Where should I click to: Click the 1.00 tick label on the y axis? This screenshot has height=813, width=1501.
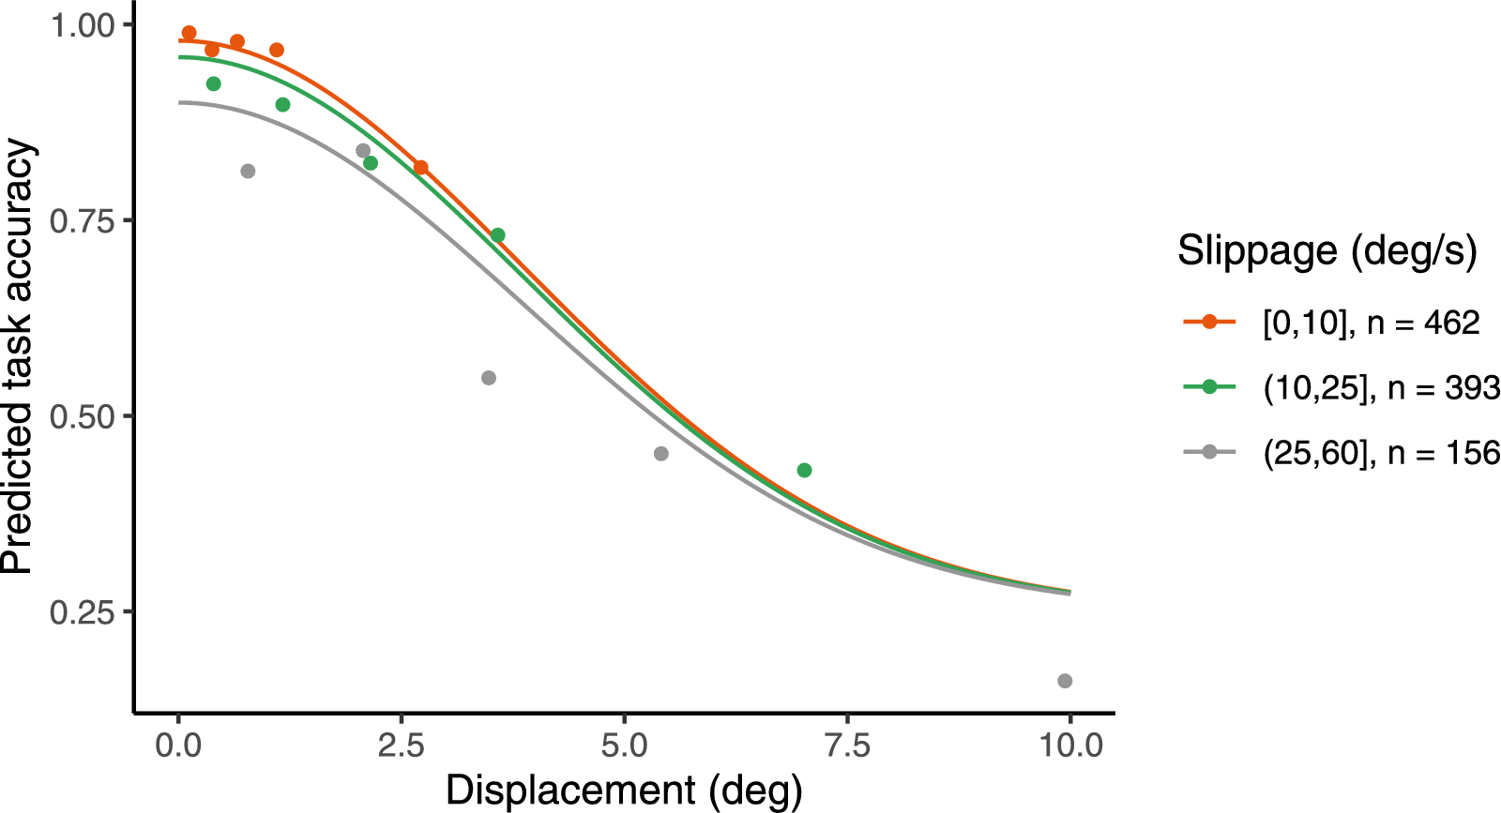coord(82,25)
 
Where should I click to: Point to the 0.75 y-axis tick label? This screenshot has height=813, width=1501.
coord(82,221)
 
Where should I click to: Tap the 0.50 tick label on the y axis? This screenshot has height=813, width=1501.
coord(82,417)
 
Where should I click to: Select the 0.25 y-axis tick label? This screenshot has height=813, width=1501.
coord(82,612)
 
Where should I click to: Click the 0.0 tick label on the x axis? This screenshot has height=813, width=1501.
coord(178,746)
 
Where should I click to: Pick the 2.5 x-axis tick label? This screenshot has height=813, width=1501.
coord(401,746)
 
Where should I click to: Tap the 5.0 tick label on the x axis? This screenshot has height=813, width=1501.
coord(624,746)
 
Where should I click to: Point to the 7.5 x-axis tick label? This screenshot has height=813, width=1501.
coord(847,746)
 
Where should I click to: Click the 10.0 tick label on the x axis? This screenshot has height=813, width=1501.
coord(1069,746)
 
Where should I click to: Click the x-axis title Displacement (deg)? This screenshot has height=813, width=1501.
coord(624,790)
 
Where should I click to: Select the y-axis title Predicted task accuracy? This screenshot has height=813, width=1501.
coord(19,356)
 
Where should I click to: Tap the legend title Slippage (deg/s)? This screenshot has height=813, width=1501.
coord(1327,251)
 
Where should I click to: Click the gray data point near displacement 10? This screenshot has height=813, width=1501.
coord(1065,681)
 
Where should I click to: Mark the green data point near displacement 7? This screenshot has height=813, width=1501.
coord(804,470)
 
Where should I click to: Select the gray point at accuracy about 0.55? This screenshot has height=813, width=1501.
coord(489,378)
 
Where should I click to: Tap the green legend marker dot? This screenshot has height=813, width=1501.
coord(1209,387)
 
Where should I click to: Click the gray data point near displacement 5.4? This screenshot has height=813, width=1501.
coord(661,454)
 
